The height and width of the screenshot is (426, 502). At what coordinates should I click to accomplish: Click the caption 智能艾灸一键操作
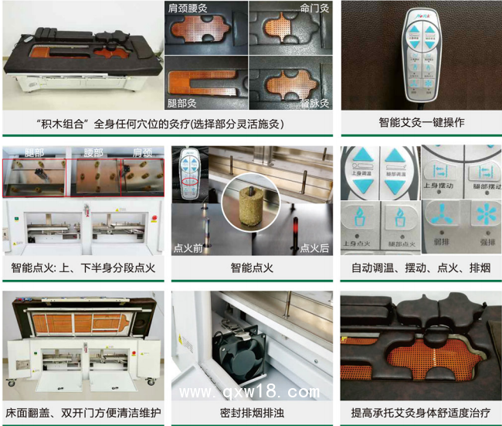pos(421,122)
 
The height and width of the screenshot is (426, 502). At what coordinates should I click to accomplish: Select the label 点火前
pos(189,248)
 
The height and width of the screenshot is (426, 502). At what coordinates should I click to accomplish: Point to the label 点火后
pos(314,248)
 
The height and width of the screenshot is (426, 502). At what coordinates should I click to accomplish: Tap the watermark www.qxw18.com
pos(249,391)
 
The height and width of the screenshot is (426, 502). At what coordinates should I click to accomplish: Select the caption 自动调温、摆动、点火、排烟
pos(421,268)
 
